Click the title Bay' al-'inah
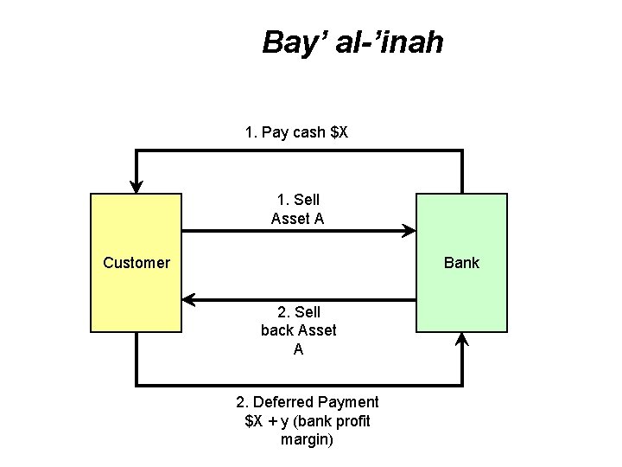[x=352, y=42]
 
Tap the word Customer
[x=136, y=263]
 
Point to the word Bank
[x=461, y=263]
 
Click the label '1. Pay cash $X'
[x=296, y=132]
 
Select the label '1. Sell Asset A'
[x=297, y=209]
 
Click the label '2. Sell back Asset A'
[x=298, y=330]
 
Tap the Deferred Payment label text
[x=307, y=420]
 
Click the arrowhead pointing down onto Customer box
[x=136, y=186]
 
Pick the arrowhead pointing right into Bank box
[x=409, y=231]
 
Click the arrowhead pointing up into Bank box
[x=462, y=340]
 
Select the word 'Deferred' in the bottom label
[x=284, y=402]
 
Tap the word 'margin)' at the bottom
[x=307, y=439]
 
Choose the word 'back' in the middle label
[x=276, y=330]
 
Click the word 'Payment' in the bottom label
[x=348, y=402]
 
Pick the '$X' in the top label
[x=340, y=132]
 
